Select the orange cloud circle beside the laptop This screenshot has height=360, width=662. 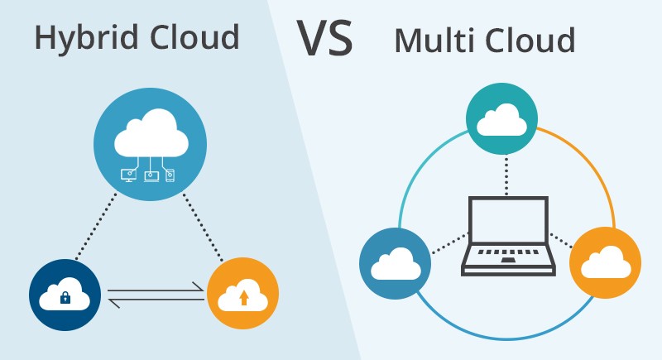(x=605, y=262)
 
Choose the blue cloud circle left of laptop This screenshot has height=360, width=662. (x=395, y=264)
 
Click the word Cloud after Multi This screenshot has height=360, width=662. (x=530, y=40)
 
